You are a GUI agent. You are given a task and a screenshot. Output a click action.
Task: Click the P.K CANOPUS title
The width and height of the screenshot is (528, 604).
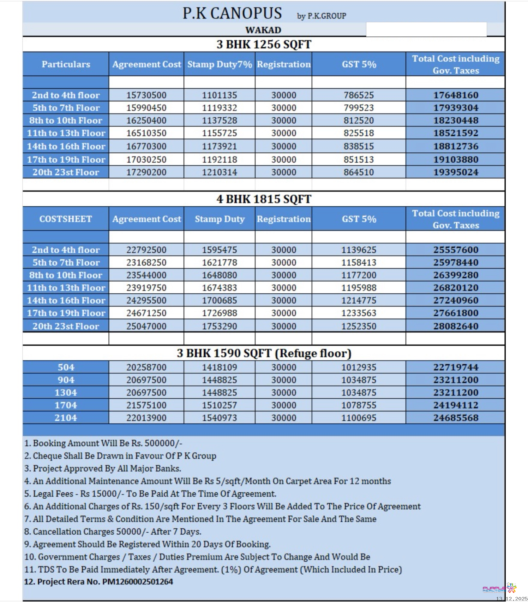pyautogui.click(x=232, y=13)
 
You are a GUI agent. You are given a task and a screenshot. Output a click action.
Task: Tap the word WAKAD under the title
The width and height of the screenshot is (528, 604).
pyautogui.click(x=263, y=30)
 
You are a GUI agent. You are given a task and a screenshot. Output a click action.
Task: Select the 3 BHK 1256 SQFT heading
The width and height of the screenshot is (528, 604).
pyautogui.click(x=264, y=45)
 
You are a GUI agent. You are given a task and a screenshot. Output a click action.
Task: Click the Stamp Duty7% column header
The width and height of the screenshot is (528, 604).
pyautogui.click(x=220, y=64)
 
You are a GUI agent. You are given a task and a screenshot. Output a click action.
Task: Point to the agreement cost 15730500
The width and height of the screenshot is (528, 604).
pyautogui.click(x=146, y=95)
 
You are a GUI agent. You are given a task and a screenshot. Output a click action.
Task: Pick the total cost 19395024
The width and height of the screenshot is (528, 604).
pyautogui.click(x=456, y=172)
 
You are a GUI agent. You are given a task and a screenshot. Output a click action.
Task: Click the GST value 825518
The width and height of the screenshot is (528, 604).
pyautogui.click(x=359, y=133)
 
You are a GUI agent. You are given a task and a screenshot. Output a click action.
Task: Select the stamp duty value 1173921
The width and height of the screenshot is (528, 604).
pyautogui.click(x=219, y=146)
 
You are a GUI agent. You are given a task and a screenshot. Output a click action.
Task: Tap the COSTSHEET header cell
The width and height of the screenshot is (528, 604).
pyautogui.click(x=66, y=219)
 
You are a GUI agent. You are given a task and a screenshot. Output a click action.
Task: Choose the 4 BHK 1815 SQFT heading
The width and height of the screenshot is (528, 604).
pyautogui.click(x=264, y=199)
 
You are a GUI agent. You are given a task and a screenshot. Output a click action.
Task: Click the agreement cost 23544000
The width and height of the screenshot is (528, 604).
pyautogui.click(x=146, y=275)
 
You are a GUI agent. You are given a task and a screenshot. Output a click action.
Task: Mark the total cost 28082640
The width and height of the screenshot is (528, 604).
pyautogui.click(x=456, y=326)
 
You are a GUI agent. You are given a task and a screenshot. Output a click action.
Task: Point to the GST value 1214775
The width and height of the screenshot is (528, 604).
pyautogui.click(x=359, y=300)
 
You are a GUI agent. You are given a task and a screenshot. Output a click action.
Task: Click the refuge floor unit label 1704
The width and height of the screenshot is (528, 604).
pyautogui.click(x=66, y=405)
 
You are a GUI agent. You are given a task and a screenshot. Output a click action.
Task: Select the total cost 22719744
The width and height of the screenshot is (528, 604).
pyautogui.click(x=456, y=368)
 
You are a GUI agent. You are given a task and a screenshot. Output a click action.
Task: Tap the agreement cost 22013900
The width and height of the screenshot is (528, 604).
pyautogui.click(x=146, y=418)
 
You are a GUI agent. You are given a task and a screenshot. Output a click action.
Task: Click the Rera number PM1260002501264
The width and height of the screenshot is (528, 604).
pyautogui.click(x=138, y=582)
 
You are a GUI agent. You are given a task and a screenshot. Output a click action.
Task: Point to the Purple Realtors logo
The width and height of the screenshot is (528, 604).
pyautogui.click(x=499, y=588)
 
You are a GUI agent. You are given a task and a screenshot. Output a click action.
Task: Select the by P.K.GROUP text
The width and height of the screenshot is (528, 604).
pyautogui.click(x=321, y=16)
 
